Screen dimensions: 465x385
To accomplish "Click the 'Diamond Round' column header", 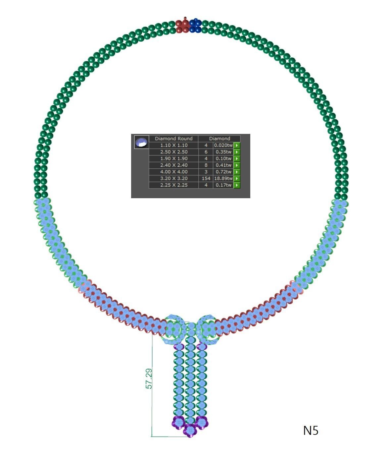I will (173, 139).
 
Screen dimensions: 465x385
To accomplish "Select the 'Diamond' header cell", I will (219, 139).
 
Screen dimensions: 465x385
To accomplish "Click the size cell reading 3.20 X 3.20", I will (173, 178).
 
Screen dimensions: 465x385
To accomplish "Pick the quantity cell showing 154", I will (206, 178).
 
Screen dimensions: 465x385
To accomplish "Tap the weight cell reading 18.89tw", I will (223, 178).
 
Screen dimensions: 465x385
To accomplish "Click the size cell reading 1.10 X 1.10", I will (173, 145).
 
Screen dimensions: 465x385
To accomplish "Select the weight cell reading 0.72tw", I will (223, 172).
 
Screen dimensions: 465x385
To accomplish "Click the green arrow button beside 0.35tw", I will (237, 152).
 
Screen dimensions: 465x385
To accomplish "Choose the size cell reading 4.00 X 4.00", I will (173, 172).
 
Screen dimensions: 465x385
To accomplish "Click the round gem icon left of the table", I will (141, 142).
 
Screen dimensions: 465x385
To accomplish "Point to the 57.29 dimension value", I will (149, 378).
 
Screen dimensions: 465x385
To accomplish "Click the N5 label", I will (311, 431).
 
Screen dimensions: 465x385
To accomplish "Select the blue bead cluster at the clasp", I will (196, 26).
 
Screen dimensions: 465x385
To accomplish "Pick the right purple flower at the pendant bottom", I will (201, 423).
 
